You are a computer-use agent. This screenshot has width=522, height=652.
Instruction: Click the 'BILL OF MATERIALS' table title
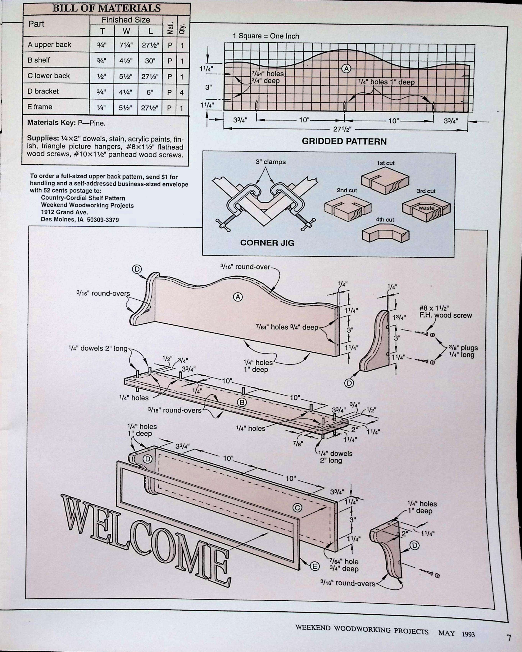[106, 8]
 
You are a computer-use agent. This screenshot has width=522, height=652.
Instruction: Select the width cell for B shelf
[126, 61]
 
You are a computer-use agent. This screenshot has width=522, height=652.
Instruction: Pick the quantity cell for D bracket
[182, 92]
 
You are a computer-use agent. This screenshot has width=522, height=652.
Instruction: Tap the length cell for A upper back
[150, 45]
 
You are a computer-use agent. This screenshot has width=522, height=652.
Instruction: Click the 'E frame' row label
[40, 107]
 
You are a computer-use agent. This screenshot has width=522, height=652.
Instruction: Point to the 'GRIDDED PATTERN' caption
[344, 142]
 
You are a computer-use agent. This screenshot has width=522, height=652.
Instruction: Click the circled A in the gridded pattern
[346, 69]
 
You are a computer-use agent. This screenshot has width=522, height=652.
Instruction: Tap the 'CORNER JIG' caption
[267, 243]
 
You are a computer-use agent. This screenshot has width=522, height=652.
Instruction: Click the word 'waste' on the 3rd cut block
[426, 208]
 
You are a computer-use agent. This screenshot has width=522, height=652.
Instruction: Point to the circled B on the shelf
[242, 402]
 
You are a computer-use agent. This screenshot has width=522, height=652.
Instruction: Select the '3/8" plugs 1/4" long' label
[463, 351]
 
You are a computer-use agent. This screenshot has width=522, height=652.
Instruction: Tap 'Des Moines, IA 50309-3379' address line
[80, 220]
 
